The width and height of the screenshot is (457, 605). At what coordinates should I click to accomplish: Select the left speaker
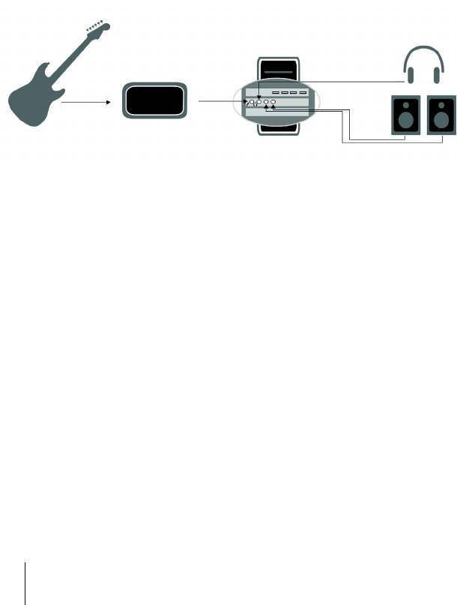(x=406, y=115)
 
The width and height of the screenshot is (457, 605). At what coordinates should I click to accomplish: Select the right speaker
(x=442, y=115)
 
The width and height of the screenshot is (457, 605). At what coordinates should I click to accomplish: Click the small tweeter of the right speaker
(x=442, y=104)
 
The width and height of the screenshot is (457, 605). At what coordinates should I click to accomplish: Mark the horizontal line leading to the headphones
(x=352, y=81)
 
